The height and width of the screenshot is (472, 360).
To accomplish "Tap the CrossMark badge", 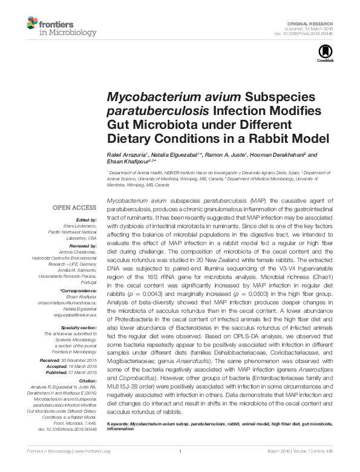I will coord(325,56).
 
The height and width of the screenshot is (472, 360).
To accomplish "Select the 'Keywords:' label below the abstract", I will coord(118,424).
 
